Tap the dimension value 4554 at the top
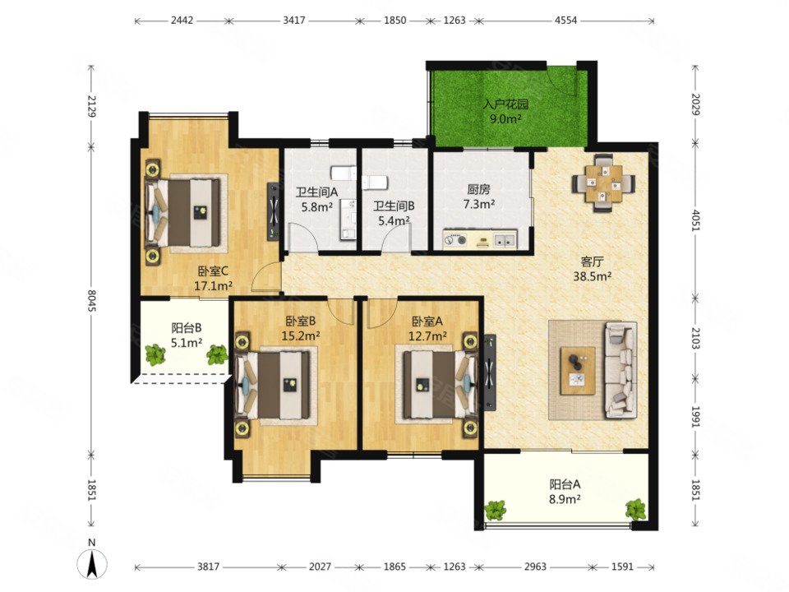(565, 21)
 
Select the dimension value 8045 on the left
(91, 301)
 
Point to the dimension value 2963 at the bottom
(535, 567)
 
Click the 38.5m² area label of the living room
(593, 276)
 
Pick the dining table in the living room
(602, 183)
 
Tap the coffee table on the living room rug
(578, 370)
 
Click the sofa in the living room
(621, 370)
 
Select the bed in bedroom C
(182, 212)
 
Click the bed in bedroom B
(272, 385)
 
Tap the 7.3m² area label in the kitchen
(479, 204)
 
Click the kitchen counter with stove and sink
(480, 239)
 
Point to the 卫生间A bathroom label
(316, 192)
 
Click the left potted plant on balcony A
(496, 510)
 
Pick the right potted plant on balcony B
(217, 354)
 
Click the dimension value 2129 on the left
(91, 106)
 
